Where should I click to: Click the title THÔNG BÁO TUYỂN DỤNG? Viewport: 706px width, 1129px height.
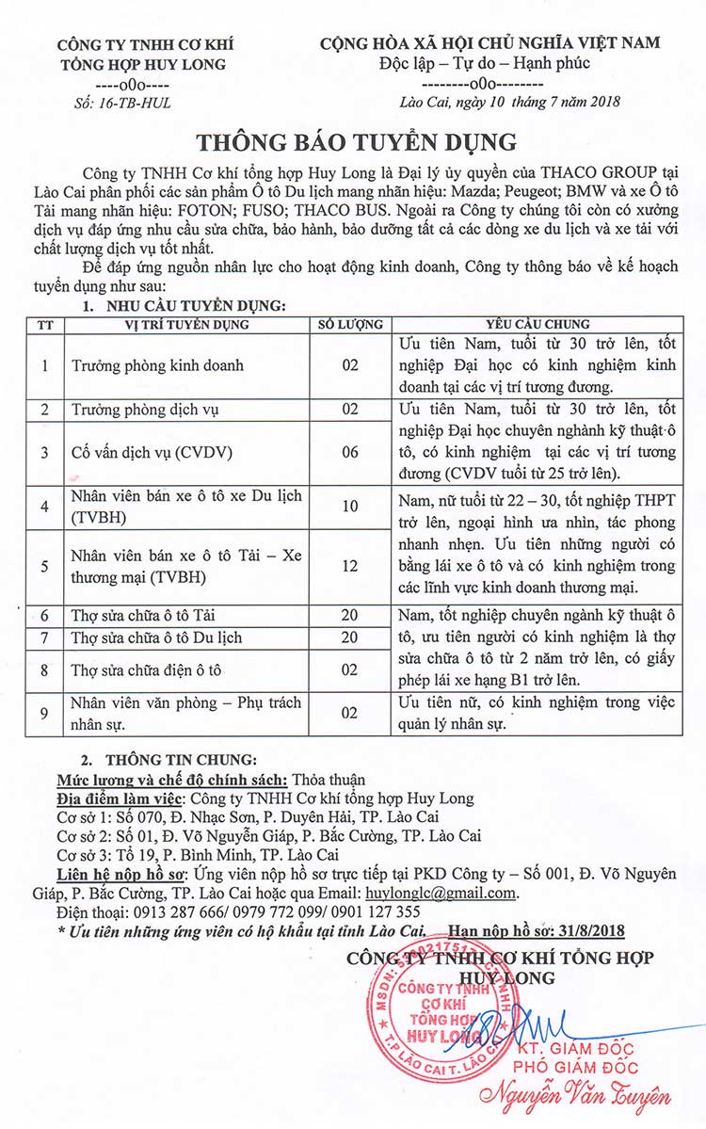[x=356, y=141]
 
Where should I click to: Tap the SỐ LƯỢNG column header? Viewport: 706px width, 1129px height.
[x=349, y=325]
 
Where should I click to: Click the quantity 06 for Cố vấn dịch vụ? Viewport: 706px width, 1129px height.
[x=349, y=451]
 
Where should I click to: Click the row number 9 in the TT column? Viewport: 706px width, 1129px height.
[x=44, y=713]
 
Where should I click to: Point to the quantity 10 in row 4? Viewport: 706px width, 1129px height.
[x=349, y=507]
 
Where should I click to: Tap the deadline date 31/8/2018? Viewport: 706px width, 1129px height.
[x=619, y=930]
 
